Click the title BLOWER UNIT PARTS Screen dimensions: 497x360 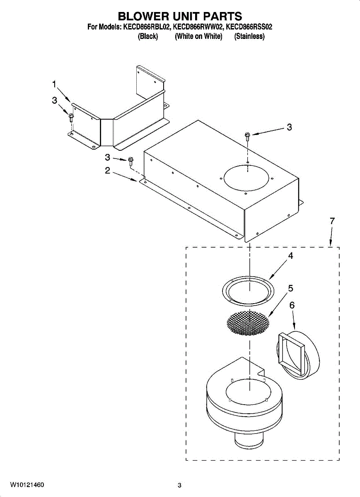click(x=180, y=16)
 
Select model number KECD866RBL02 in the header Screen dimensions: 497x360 click(x=146, y=27)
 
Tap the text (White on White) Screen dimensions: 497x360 click(x=198, y=36)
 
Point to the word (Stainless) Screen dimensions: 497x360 click(x=249, y=36)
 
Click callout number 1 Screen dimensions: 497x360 click(x=54, y=84)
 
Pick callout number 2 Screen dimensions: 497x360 click(x=107, y=170)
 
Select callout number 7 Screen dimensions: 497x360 click(x=332, y=222)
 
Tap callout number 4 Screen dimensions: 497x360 click(x=290, y=256)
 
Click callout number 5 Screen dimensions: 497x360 click(x=290, y=288)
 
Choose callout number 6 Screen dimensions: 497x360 click(x=292, y=305)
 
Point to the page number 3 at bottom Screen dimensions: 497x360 click(x=179, y=485)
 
